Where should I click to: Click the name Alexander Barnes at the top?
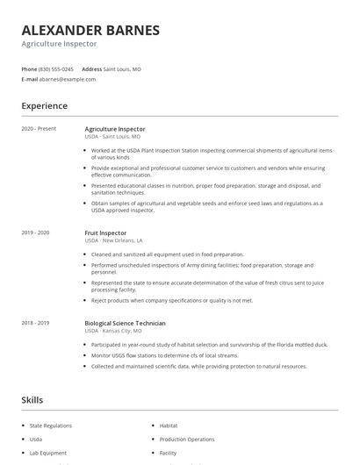point(90,30)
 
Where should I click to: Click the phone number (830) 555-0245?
point(57,68)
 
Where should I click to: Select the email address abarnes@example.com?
point(68,79)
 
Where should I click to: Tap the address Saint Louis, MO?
point(122,68)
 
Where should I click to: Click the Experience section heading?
point(45,106)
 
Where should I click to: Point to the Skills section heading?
point(32,400)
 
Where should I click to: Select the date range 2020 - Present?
point(39,129)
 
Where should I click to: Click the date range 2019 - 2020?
point(36,232)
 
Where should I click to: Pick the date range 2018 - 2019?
point(36,323)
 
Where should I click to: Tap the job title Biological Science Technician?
point(126,323)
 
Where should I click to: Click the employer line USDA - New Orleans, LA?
point(113,240)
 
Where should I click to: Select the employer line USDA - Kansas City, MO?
point(112,331)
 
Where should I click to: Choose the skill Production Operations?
point(187,439)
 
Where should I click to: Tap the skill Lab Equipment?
point(47,453)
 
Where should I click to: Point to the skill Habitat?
point(169,425)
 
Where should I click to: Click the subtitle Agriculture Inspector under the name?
point(59,44)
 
